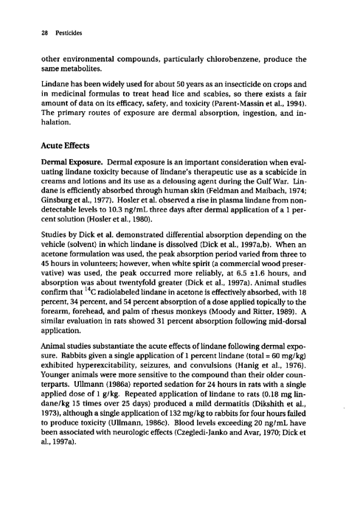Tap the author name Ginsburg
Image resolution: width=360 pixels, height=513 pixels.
[47, 201]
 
